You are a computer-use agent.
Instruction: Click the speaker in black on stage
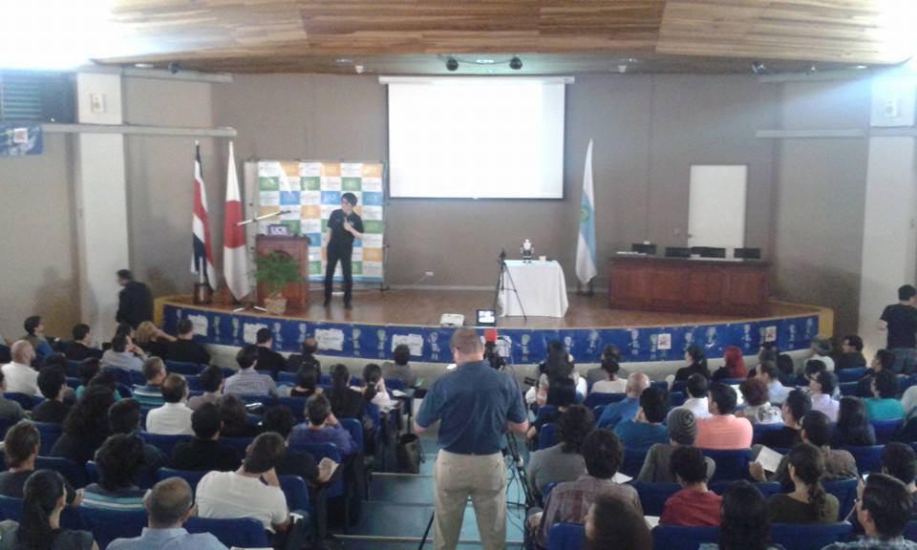(x=342, y=246)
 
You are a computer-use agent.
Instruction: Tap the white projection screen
(x=476, y=139)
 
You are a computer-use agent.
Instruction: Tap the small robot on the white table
(x=526, y=251)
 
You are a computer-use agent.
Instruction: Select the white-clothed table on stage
(x=532, y=288)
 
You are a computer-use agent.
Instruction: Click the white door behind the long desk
(x=716, y=206)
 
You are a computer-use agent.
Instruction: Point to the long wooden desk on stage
(x=688, y=284)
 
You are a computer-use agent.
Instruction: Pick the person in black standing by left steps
(x=132, y=299)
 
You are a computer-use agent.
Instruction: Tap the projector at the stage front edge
(x=452, y=319)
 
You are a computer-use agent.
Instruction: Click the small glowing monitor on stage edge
(x=486, y=317)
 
